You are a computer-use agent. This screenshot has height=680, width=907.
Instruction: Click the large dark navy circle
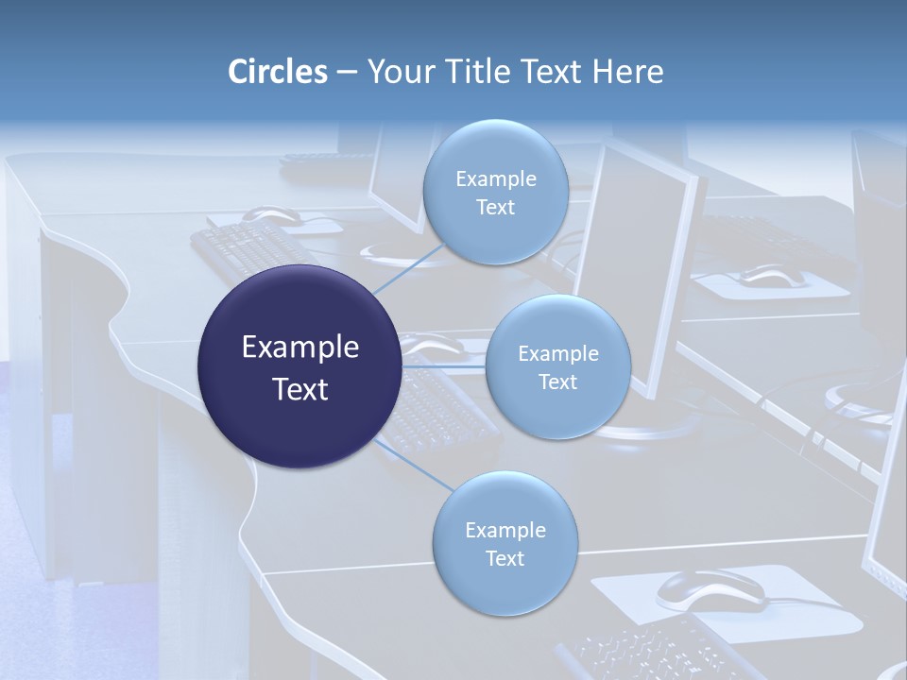pos(300,366)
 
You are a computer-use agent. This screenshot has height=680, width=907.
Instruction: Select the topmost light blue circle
pos(495,192)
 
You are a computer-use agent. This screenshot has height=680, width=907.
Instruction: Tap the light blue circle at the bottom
pos(505,544)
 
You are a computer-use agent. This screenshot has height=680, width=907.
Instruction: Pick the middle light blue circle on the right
pos(557,367)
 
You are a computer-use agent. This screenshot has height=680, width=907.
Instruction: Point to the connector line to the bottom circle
pos(416,466)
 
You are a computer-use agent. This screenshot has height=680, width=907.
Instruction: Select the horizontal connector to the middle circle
pos(444,366)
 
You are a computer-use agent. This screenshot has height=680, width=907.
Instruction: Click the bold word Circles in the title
pos(278,72)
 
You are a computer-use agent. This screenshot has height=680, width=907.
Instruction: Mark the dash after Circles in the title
pos(347,73)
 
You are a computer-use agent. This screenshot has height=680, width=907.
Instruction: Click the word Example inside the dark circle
pos(300,347)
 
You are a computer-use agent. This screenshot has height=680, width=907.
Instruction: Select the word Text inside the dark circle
pos(300,388)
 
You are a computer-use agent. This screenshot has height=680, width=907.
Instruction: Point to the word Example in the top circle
pos(495,178)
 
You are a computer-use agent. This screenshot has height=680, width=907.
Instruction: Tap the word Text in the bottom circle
pos(505,558)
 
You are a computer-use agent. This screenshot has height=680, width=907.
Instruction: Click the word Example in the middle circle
pos(557,353)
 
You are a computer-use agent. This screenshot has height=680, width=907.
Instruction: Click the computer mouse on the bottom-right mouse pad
pos(710,589)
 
